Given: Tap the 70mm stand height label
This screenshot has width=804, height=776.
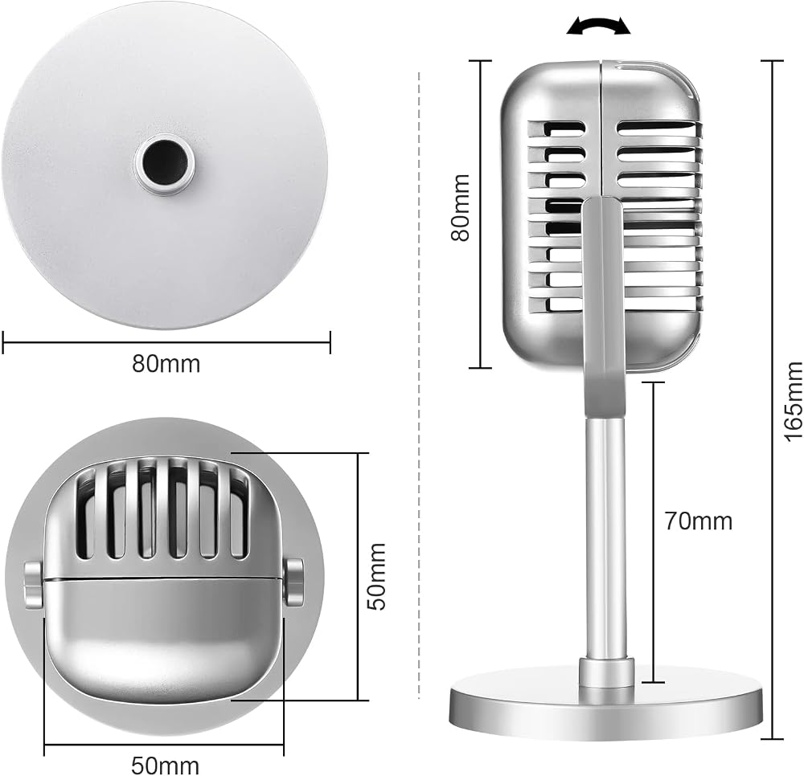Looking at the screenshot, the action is pos(699,521).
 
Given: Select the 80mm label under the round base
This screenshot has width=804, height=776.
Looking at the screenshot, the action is pos(166,364).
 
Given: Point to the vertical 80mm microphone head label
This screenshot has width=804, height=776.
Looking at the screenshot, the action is pos(460,207).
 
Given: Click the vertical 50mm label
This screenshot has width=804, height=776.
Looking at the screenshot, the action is pos(377,577).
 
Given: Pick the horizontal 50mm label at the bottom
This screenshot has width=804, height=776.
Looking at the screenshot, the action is pos(165,766).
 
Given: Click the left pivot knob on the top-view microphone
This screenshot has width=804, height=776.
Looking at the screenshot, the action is pos(33,585).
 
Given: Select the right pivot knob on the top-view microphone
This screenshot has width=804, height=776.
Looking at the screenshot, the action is pos(294,583).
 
